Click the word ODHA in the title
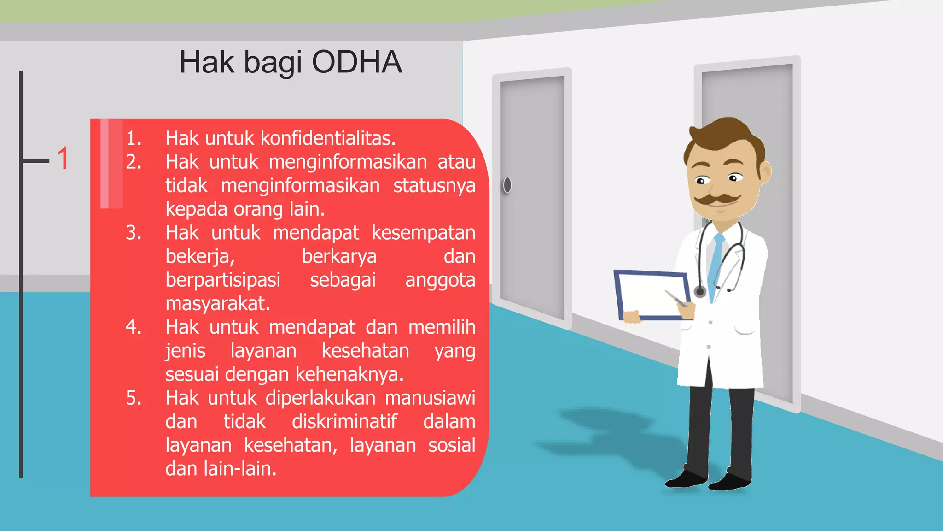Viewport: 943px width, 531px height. click(x=357, y=62)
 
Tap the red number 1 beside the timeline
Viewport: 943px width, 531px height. click(x=63, y=159)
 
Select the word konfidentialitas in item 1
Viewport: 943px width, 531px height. click(x=328, y=138)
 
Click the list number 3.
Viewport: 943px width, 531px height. click(x=133, y=233)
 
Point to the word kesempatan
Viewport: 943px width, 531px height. click(x=423, y=233)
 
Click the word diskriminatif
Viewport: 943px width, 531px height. click(x=344, y=421)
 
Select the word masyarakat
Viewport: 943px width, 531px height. click(x=217, y=304)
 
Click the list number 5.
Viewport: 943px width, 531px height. click(x=133, y=398)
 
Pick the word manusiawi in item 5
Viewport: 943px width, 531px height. click(x=430, y=398)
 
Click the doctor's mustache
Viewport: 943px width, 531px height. click(x=717, y=200)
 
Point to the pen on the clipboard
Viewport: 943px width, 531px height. click(x=675, y=299)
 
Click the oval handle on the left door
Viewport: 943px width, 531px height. click(x=507, y=185)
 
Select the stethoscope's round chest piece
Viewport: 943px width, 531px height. click(x=700, y=291)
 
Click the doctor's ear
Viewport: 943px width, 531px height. click(x=765, y=171)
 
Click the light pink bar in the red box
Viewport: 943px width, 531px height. click(x=111, y=164)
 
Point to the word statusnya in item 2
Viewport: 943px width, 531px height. click(x=434, y=186)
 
